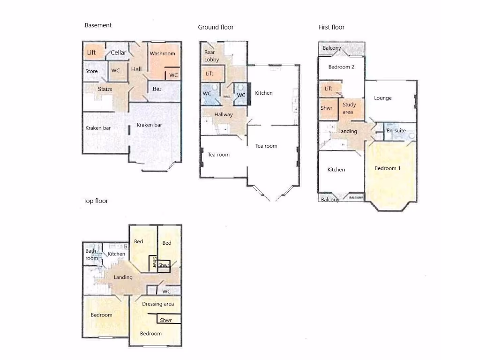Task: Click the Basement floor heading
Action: tap(98, 25)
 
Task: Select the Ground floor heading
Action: tap(216, 27)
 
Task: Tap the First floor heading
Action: tap(331, 27)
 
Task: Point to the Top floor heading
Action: tap(96, 201)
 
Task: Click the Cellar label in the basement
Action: tap(119, 52)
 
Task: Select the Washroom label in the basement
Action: tap(162, 53)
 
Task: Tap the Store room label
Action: tap(91, 71)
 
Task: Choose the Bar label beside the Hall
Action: tap(157, 88)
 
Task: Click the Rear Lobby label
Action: tap(211, 56)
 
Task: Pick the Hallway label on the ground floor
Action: tap(224, 114)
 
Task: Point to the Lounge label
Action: tap(382, 98)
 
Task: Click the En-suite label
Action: tap(396, 130)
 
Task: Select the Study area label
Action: tap(349, 108)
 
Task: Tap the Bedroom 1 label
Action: tap(388, 168)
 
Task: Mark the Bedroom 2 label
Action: tap(341, 67)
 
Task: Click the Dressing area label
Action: tap(158, 304)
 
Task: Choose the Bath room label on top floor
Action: tap(91, 255)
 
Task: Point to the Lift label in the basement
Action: tap(91, 52)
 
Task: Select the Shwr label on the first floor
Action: tap(326, 108)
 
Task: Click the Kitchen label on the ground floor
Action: tap(263, 93)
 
